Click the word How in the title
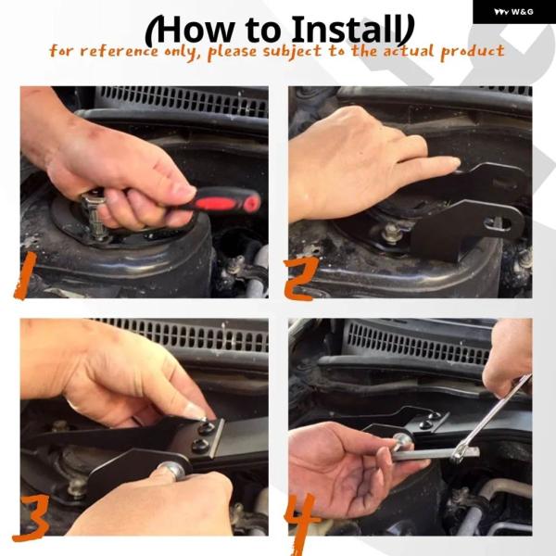click(194, 31)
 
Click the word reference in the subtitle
click(120, 51)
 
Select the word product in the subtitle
click(473, 52)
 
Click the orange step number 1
click(26, 275)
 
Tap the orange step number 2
click(300, 279)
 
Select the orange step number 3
click(32, 517)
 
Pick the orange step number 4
click(301, 521)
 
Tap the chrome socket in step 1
click(94, 216)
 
